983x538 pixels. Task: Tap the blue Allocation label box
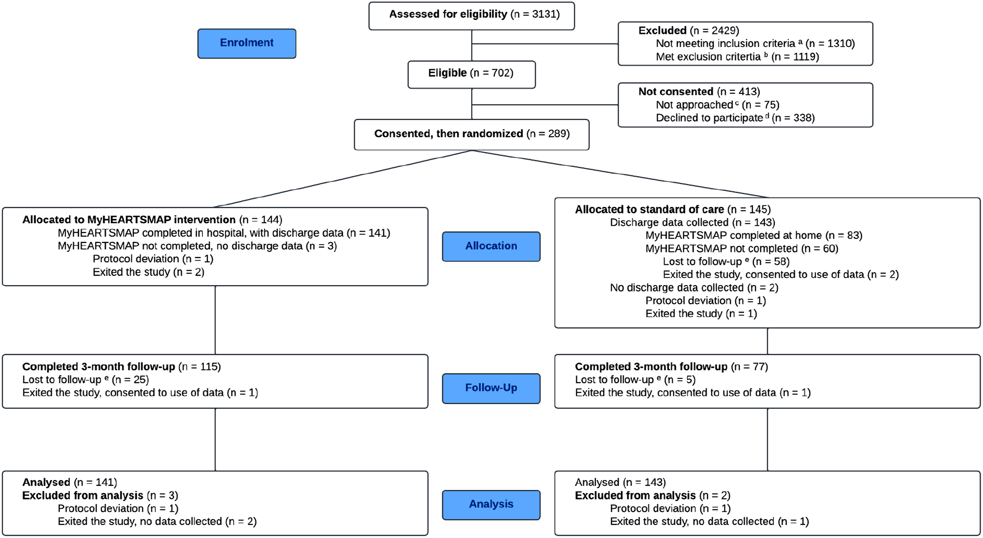[491, 246]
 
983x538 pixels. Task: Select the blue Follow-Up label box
[491, 389]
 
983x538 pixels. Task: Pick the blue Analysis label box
[491, 505]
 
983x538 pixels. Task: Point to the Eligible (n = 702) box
[472, 74]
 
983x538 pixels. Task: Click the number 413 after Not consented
[748, 91]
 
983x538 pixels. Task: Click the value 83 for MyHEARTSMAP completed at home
[853, 235]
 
